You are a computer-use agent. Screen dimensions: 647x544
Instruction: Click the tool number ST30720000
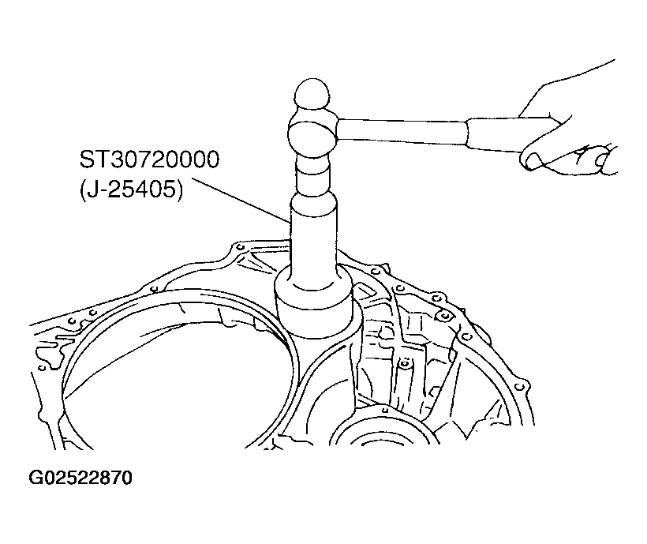pyautogui.click(x=149, y=159)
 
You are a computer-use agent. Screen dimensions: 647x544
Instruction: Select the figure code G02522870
pyautogui.click(x=80, y=478)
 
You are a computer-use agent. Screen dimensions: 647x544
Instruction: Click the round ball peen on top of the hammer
pyautogui.click(x=312, y=95)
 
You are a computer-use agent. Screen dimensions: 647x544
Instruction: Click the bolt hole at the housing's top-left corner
pyautogui.click(x=239, y=247)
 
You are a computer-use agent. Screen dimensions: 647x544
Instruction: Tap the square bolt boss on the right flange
pyautogui.click(x=444, y=317)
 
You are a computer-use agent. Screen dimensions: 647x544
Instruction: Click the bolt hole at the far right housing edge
pyautogui.click(x=521, y=387)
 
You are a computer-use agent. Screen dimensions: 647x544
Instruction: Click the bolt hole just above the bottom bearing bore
pyautogui.click(x=383, y=410)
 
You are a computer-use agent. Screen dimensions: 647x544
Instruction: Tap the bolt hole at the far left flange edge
pyautogui.click(x=42, y=367)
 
